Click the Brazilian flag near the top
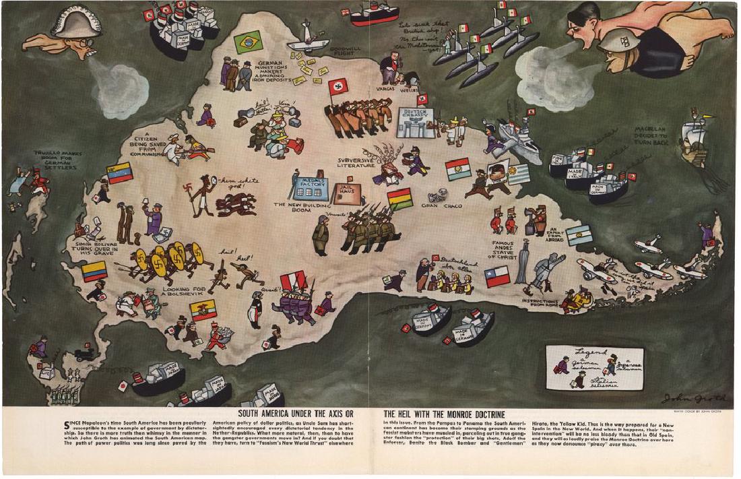[x=247, y=42]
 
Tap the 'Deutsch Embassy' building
[x=415, y=122]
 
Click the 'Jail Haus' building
[x=348, y=193]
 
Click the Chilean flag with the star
[x=497, y=276]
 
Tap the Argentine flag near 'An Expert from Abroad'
[x=579, y=235]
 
